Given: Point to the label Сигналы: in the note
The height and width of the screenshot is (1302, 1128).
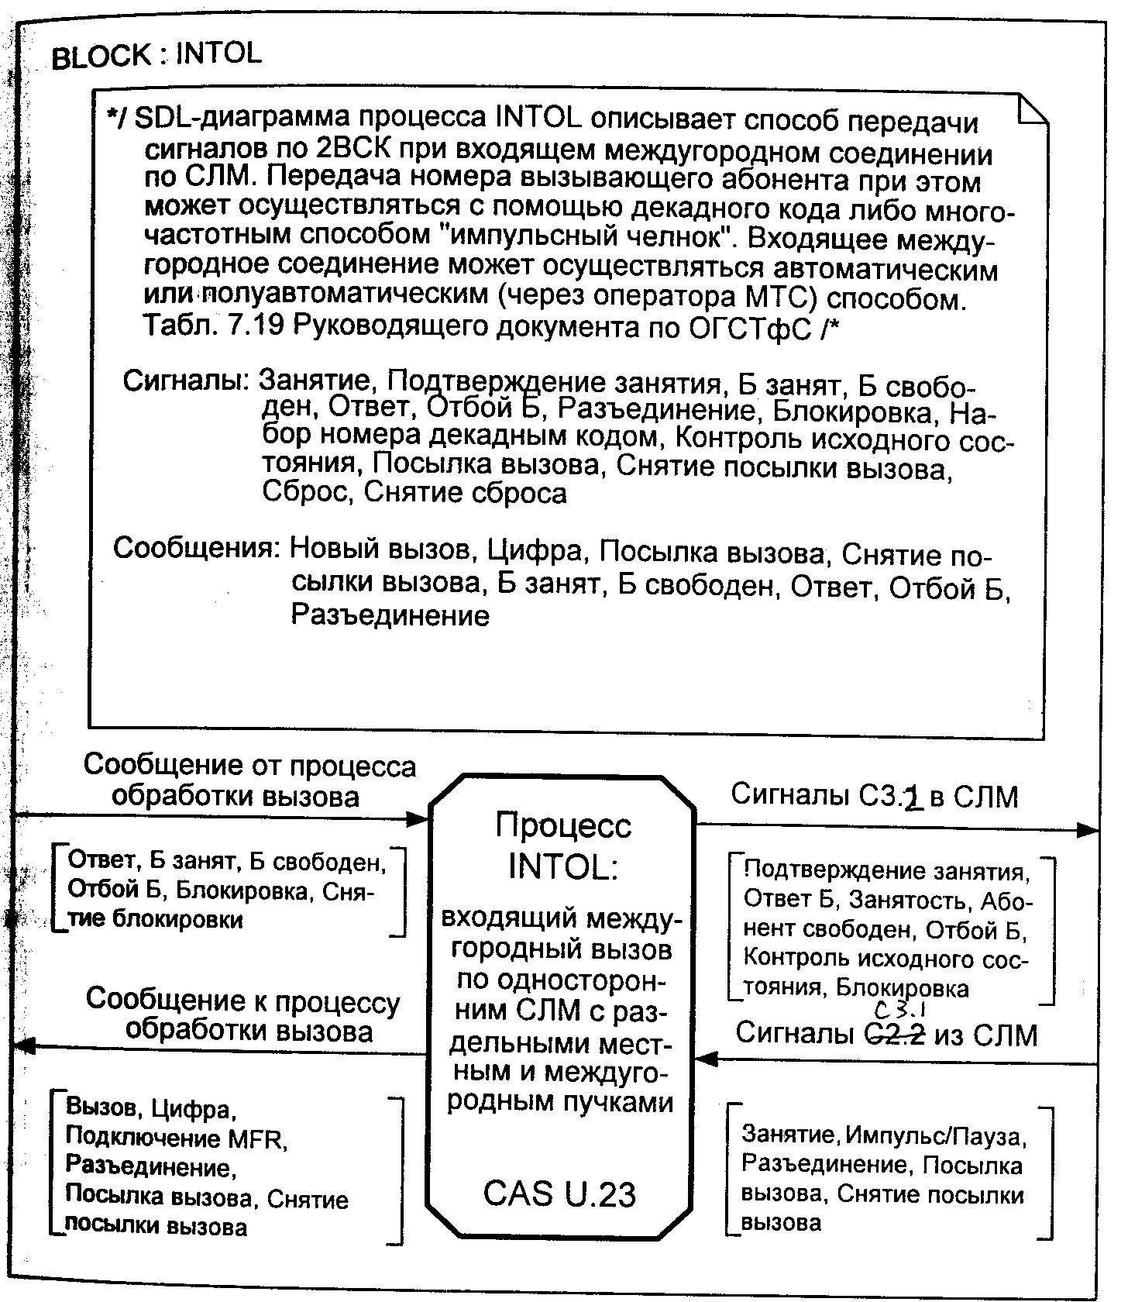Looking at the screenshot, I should click(x=186, y=381).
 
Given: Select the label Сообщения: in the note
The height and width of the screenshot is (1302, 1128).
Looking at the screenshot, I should click(x=197, y=548).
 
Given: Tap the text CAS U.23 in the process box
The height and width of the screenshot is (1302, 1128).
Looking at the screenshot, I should click(x=559, y=1193).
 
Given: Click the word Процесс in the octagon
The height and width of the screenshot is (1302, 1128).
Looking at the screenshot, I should click(x=563, y=825).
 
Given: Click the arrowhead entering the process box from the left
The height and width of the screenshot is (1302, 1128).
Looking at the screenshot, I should click(x=418, y=818).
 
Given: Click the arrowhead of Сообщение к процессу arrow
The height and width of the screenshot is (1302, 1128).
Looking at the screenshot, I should click(x=25, y=1047).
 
